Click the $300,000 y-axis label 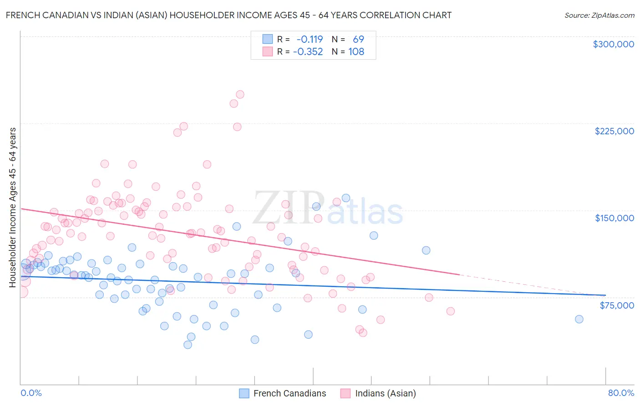point(613,44)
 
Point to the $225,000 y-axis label point(614,131)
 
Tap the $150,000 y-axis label point(614,218)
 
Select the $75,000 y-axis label point(616,305)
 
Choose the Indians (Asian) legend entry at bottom point(378,393)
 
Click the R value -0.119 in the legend point(310,40)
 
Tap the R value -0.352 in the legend point(308,52)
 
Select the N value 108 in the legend point(356,52)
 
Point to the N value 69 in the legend point(358,40)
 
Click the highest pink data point point(240,95)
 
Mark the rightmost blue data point point(579,319)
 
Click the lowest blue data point point(188,345)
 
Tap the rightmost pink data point point(451,311)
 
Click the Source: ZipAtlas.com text point(599,15)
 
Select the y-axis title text point(12,208)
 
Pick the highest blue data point point(346,198)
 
